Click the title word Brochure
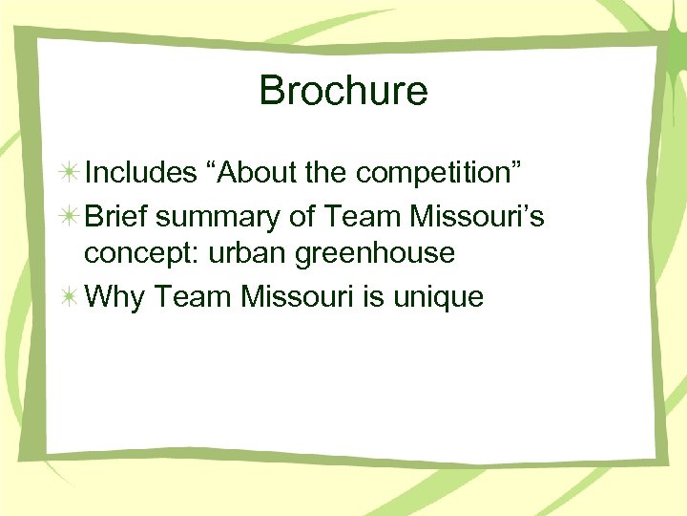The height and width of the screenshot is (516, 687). (x=343, y=92)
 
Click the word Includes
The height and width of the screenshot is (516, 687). (x=139, y=173)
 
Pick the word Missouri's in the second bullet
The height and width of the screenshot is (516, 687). (x=477, y=217)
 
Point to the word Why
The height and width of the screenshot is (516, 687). (x=114, y=297)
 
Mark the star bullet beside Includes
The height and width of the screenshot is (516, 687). (x=69, y=173)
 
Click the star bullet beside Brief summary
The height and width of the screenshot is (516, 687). (x=69, y=217)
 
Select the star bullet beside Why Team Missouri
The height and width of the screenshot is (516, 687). (x=69, y=297)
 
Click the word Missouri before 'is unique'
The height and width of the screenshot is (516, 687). (x=300, y=297)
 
